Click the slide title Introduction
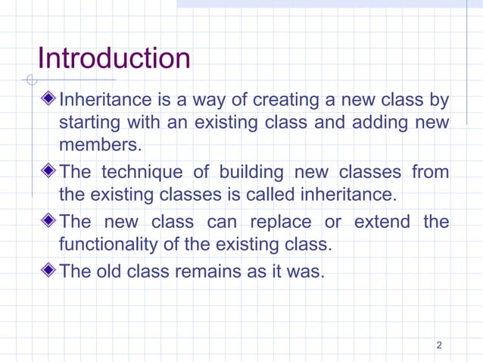tap(114, 58)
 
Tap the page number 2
tap(439, 346)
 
